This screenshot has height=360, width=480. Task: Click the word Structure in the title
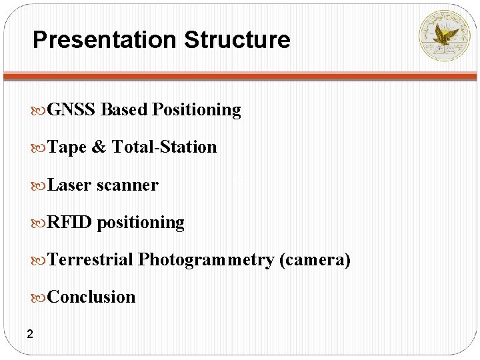(x=237, y=40)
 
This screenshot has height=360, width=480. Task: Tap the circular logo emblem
(x=443, y=35)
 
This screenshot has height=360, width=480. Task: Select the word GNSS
(x=72, y=109)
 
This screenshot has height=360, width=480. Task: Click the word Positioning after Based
(x=197, y=109)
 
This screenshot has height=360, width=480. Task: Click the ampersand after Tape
(x=99, y=147)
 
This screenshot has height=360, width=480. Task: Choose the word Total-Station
(x=164, y=147)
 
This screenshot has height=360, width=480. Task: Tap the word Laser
(x=70, y=185)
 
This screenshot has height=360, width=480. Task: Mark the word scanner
(x=127, y=185)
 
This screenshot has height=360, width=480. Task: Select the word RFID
(x=70, y=222)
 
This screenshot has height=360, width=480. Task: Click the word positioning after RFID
(x=141, y=223)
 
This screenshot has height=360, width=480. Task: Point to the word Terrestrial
(x=91, y=259)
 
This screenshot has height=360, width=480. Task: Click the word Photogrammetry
(x=206, y=260)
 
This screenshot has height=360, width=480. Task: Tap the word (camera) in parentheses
(x=315, y=260)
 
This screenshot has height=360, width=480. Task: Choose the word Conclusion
(x=91, y=297)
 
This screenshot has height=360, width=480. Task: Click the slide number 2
(x=30, y=333)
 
